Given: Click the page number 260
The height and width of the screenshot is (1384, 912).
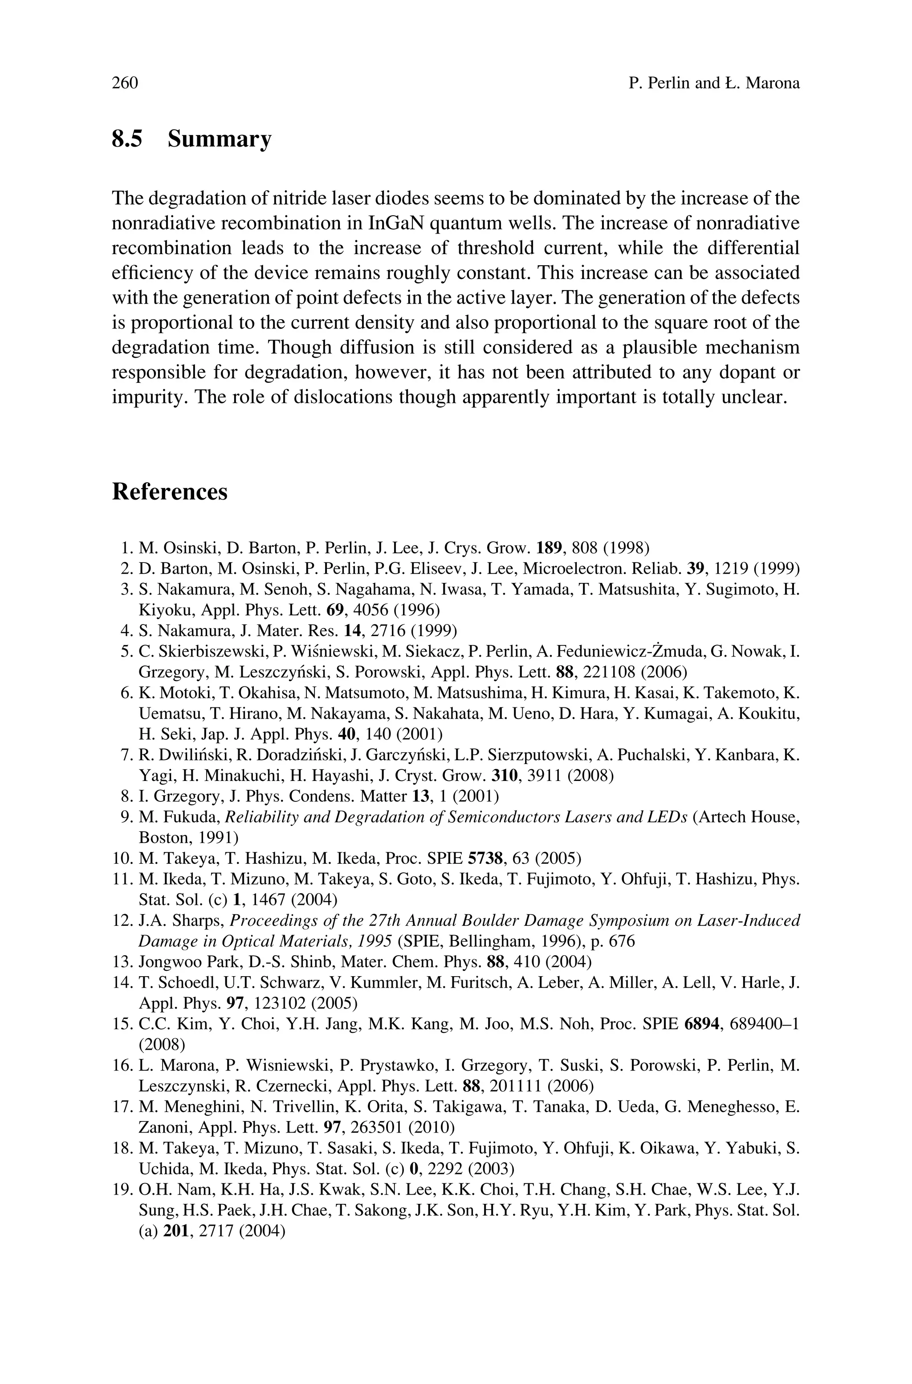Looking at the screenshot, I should pos(125,83).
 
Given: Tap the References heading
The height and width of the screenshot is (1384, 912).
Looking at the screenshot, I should pos(169,492).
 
